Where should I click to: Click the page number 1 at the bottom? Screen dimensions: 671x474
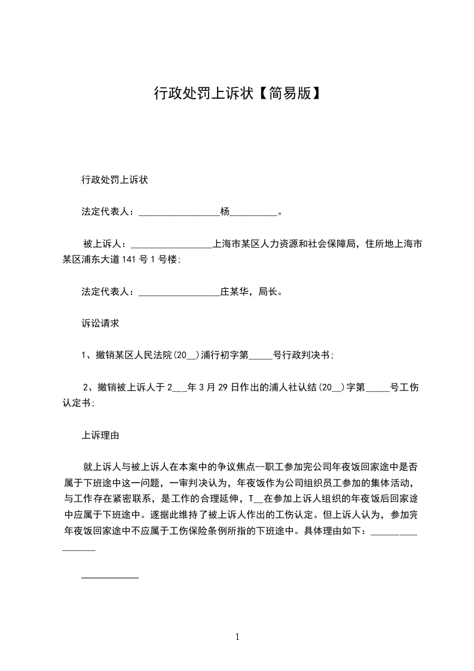pos(237,637)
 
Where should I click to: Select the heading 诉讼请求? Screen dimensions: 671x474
pos(100,323)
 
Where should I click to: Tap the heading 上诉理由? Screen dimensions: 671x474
pos(100,435)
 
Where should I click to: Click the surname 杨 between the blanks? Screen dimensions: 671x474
pos(225,211)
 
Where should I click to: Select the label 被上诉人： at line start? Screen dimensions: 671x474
pos(106,244)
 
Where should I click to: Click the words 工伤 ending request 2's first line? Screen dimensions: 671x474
pos(411,388)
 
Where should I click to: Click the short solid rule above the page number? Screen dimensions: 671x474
pos(109,578)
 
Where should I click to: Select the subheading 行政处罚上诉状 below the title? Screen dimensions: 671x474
pos(114,179)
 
